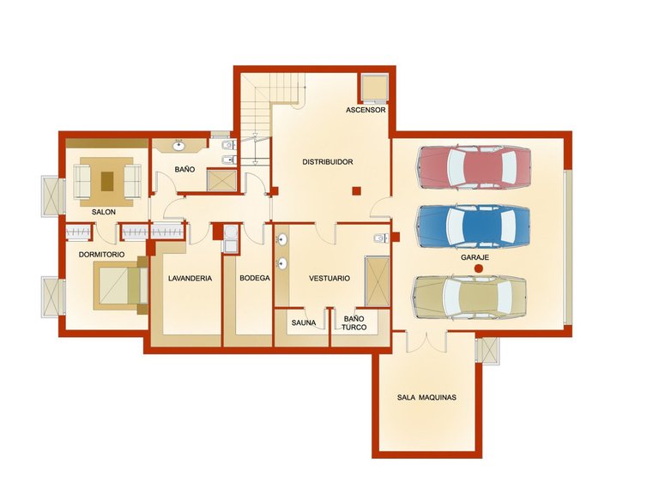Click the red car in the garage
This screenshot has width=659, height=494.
(x=474, y=166)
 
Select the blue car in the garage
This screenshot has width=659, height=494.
(x=474, y=226)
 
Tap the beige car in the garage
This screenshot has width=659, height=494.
(x=470, y=298)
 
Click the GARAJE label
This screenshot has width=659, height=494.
(x=475, y=257)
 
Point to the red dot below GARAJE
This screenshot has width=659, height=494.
(x=478, y=268)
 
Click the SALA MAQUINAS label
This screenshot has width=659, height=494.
(x=426, y=397)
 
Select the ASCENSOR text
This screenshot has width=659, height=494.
(x=366, y=110)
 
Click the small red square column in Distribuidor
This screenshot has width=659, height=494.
(x=356, y=190)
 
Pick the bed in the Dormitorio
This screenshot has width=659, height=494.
(x=121, y=286)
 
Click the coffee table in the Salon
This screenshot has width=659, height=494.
(x=107, y=182)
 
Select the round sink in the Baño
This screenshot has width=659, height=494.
(x=179, y=146)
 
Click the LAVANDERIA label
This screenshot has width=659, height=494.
(x=190, y=278)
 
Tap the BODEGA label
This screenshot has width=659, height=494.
(x=255, y=278)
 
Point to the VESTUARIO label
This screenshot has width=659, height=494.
(x=329, y=278)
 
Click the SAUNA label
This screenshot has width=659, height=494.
(x=304, y=323)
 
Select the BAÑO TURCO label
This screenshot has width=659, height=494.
(x=354, y=323)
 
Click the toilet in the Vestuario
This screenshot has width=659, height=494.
(x=380, y=238)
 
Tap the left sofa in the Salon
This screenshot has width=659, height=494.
(x=82, y=182)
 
